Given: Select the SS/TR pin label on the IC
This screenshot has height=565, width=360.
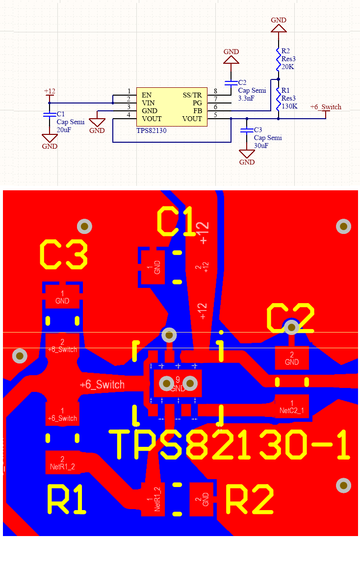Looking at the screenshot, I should [x=192, y=95].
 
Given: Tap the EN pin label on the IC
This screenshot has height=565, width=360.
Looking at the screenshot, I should [x=147, y=95].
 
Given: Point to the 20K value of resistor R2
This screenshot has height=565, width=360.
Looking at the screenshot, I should [x=287, y=67].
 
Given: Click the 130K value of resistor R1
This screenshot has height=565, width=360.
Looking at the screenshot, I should [x=289, y=105].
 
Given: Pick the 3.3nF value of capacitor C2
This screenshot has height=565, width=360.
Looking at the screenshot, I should [x=246, y=98].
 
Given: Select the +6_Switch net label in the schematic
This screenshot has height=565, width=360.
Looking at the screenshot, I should [x=326, y=107].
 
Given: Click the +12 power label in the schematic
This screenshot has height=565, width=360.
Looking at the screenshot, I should [x=50, y=91].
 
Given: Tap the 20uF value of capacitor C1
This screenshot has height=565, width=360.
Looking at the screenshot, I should [x=64, y=129].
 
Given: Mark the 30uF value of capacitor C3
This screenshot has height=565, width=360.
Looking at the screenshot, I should [x=261, y=146].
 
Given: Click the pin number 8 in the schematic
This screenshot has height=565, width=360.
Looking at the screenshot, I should [x=215, y=92].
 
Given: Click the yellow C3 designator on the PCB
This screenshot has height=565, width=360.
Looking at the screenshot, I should [x=63, y=255].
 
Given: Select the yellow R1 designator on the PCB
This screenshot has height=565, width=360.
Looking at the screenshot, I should [x=68, y=500].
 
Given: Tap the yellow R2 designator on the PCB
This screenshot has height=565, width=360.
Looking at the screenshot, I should [x=249, y=500].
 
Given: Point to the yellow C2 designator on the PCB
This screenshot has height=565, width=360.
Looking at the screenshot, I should [x=290, y=317].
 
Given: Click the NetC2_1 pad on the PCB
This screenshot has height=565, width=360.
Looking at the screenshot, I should [x=292, y=407].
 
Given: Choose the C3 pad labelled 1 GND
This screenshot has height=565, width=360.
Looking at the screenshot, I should [x=62, y=297].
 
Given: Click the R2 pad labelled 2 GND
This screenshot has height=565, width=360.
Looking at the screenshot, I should [x=202, y=499].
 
